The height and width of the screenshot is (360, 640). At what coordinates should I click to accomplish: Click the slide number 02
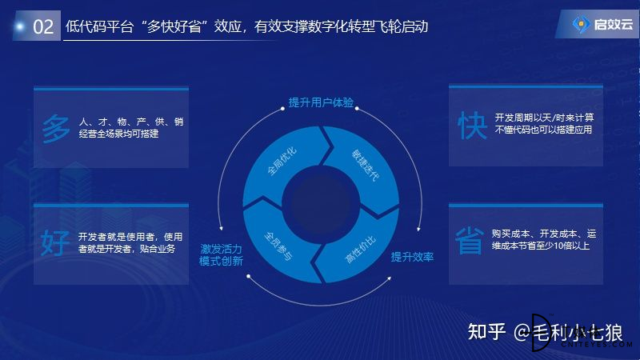[43, 27]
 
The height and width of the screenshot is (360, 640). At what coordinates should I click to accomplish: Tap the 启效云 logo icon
[581, 25]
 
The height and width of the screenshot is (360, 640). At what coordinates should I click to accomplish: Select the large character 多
[56, 129]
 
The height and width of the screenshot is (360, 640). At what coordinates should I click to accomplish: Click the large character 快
[472, 126]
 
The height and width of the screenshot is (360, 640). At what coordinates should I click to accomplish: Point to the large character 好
[55, 242]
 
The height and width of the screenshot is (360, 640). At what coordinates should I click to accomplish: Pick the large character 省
[470, 241]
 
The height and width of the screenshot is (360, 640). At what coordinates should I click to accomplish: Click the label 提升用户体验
[321, 102]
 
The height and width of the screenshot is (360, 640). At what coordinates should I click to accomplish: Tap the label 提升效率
[412, 257]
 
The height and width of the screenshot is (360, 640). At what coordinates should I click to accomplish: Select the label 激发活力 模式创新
[222, 254]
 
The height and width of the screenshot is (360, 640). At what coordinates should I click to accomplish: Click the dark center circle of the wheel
[321, 205]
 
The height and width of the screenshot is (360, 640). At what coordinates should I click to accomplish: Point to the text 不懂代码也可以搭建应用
[543, 130]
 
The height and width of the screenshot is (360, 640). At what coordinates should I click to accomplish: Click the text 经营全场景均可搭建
[118, 134]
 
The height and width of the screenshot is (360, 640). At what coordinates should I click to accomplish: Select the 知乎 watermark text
[486, 331]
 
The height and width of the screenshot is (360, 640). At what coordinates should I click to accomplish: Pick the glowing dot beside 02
[19, 27]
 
